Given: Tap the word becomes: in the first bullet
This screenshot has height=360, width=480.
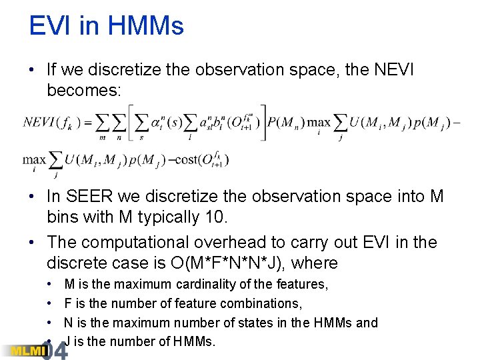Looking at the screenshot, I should point(84,90).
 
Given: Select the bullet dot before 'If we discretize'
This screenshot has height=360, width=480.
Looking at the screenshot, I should point(33,69).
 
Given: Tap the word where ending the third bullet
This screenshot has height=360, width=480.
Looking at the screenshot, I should point(314,263).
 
